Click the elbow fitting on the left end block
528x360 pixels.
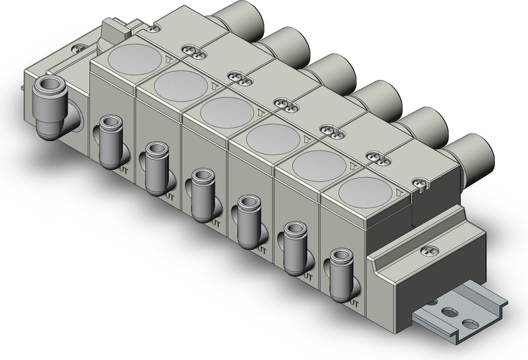pyautogui.click(x=52, y=106)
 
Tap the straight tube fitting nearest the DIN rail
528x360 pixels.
pyautogui.click(x=339, y=272)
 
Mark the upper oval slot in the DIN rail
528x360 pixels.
pyautogui.click(x=449, y=309)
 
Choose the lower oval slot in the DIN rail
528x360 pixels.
pyautogui.click(x=469, y=323)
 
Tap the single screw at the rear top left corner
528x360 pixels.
pyautogui.click(x=152, y=28)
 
